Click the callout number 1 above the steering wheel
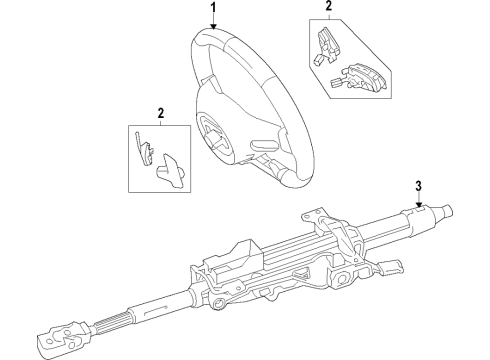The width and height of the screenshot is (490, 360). coord(213,8)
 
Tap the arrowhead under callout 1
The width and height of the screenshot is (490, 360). coord(213,26)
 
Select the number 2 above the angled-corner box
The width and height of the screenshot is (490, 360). coord(329,6)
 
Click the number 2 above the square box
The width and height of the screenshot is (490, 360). coord(161,113)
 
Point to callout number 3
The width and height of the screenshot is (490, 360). coord(419,186)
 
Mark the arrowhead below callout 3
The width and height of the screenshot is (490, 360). coord(419,205)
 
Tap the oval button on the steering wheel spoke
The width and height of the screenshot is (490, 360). coord(261,144)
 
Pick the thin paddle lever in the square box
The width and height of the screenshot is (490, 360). coord(143,148)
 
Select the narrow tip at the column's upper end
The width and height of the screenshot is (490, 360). coord(445,211)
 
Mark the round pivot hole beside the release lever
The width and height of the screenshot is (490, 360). coord(341,279)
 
